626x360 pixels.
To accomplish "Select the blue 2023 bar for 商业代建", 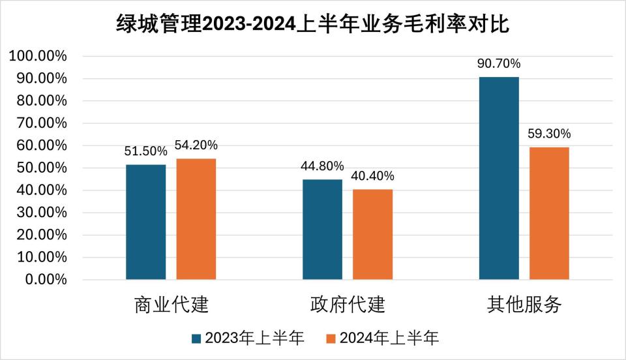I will (x=146, y=222).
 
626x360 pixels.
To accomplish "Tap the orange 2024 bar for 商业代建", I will (x=196, y=219).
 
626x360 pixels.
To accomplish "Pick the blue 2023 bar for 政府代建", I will (x=323, y=230).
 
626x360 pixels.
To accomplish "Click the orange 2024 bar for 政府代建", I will (x=373, y=234).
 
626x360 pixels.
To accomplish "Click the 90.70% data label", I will (x=499, y=64).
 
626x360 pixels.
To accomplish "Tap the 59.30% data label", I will (x=549, y=134).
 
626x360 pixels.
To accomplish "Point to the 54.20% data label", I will (x=196, y=145).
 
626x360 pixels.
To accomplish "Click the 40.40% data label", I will (x=373, y=176).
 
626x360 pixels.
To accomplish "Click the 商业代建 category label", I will (x=171, y=305).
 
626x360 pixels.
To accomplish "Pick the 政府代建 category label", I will (x=348, y=305).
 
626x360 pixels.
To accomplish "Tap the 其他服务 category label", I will (x=524, y=305).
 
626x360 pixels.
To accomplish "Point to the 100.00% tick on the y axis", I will (x=38, y=56).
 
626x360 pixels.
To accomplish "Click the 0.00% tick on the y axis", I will (x=44, y=280).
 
